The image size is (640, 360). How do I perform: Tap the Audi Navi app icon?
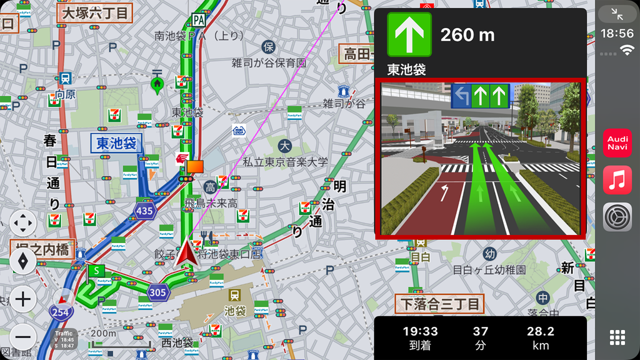coord(617,142)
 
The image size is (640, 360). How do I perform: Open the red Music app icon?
coord(617,180)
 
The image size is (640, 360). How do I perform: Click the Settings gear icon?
coord(617,217)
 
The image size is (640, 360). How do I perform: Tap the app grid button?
coord(617,337)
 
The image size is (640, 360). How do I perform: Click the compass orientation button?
coord(24,261)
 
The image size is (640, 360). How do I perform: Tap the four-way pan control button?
coord(24,223)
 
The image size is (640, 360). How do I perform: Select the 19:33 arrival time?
coord(420,331)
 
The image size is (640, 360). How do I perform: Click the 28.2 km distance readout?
coord(540,331)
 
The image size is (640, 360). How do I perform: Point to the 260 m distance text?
coord(467,35)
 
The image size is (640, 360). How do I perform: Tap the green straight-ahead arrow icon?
coord(409,34)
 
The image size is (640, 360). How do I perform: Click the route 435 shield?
coord(144,211)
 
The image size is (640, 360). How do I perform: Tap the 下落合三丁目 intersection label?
coord(440,304)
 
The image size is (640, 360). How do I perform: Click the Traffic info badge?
coord(64,339)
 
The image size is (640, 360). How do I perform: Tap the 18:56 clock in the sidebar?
coord(617,32)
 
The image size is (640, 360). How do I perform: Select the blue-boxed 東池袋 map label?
coord(116,143)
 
